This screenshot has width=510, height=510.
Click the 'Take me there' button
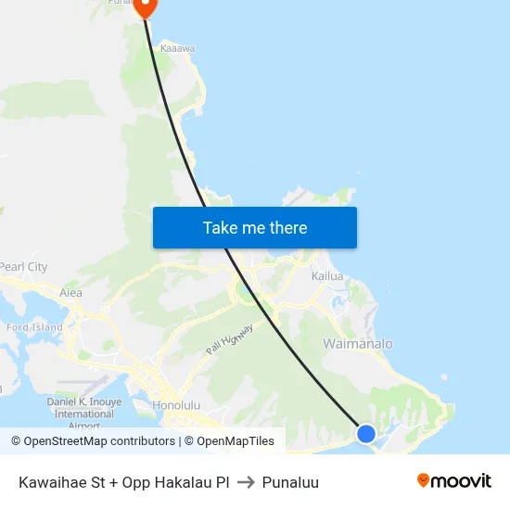coord(255,227)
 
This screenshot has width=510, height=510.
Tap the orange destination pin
coord(146,6)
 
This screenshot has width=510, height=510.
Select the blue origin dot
coord(366,433)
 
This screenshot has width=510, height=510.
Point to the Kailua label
coord(327,276)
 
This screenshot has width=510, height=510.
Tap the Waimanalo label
coord(357,344)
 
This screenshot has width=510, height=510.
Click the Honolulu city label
coord(176,405)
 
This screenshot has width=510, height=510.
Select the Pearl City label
coord(24,267)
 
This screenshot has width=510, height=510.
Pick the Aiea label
coord(70,293)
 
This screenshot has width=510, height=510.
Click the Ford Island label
coord(34,327)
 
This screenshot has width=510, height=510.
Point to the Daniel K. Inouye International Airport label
coord(83,414)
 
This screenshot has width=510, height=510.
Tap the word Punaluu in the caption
coord(290,482)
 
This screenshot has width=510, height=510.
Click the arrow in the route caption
coord(246,482)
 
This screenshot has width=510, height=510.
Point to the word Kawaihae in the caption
coord(51,482)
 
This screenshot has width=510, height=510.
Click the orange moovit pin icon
coord(424,481)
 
